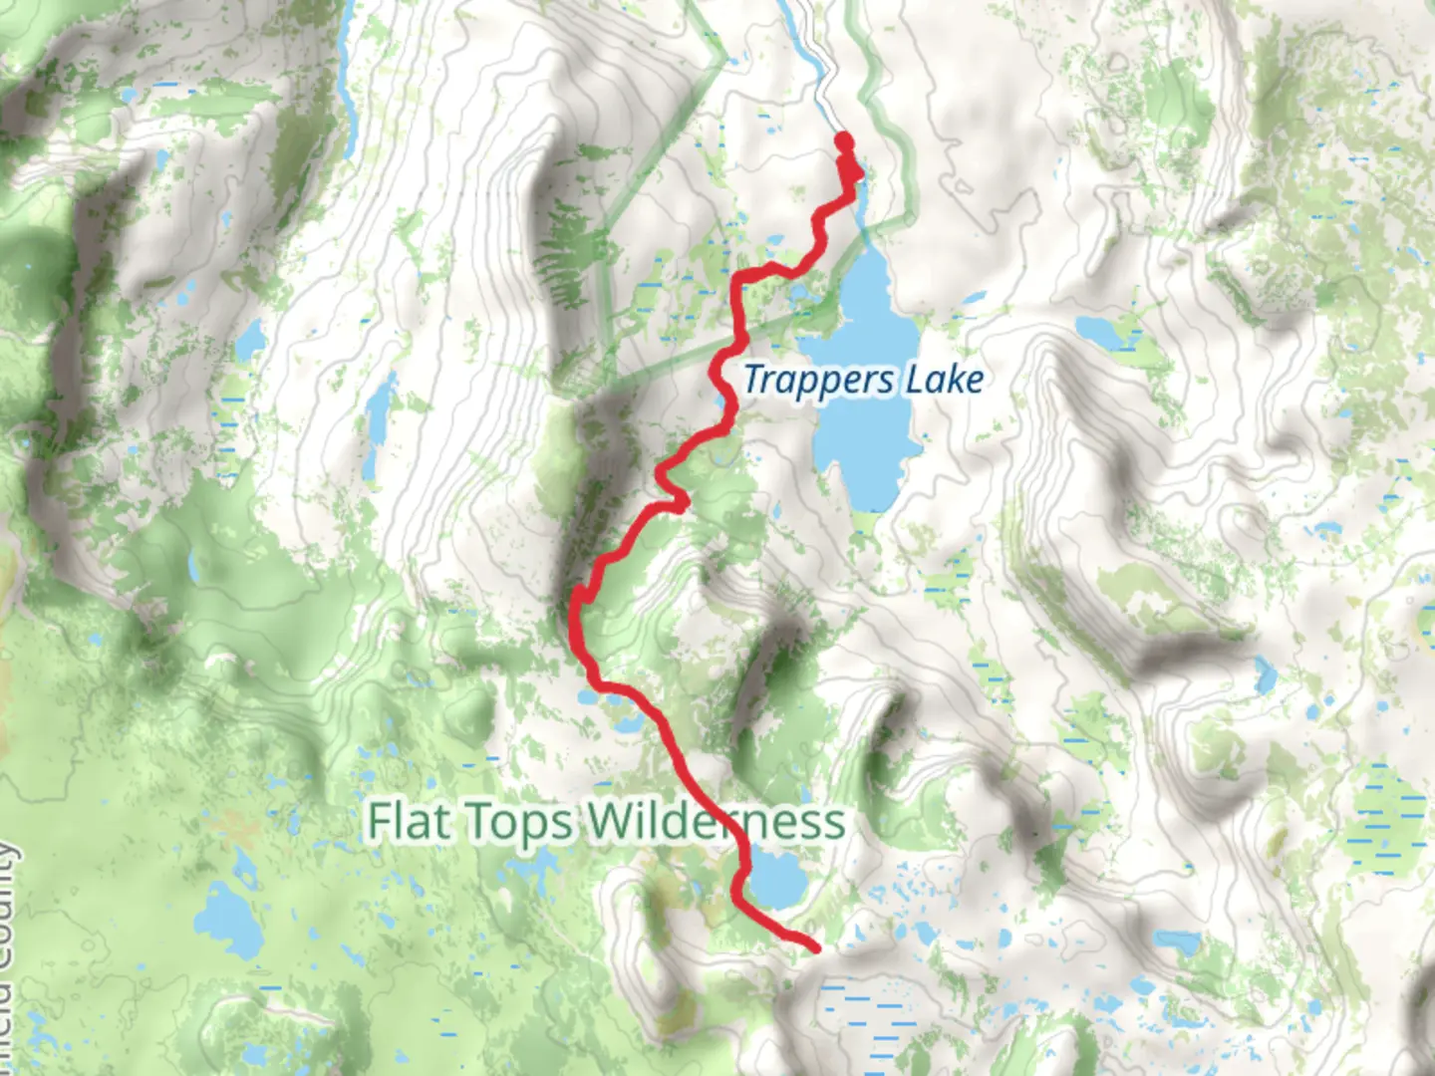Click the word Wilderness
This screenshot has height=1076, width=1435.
tap(716, 823)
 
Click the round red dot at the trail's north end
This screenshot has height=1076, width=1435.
tap(844, 140)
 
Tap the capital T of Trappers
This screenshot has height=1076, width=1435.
tap(755, 380)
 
